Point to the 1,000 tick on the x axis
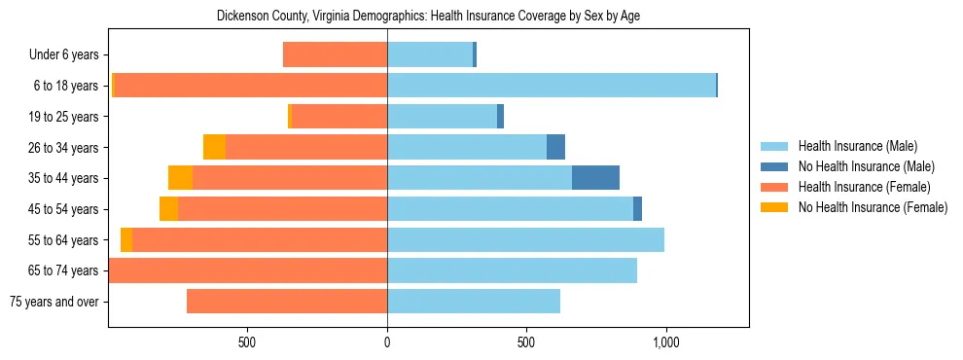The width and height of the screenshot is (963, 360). click(x=666, y=343)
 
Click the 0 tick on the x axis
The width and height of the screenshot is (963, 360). click(x=387, y=343)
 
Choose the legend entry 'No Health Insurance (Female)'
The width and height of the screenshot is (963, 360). click(x=873, y=207)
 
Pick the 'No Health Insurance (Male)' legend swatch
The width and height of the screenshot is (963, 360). click(x=775, y=166)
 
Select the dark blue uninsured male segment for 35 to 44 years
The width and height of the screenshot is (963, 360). click(x=595, y=178)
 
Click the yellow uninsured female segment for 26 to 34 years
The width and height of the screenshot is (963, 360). click(x=214, y=147)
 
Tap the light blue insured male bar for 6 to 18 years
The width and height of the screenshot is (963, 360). click(x=552, y=86)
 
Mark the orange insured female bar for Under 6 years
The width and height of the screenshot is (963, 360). click(x=335, y=54)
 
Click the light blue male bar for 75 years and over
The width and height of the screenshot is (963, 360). click(x=474, y=302)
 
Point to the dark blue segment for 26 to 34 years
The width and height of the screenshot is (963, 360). click(x=555, y=147)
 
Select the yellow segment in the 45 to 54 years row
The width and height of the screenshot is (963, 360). click(x=168, y=209)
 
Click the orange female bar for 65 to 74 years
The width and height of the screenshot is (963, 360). click(x=248, y=270)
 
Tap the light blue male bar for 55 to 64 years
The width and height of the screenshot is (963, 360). click(x=525, y=239)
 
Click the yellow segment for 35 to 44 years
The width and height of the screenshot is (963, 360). click(x=180, y=178)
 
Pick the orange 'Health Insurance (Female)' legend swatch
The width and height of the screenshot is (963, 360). click(x=775, y=187)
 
